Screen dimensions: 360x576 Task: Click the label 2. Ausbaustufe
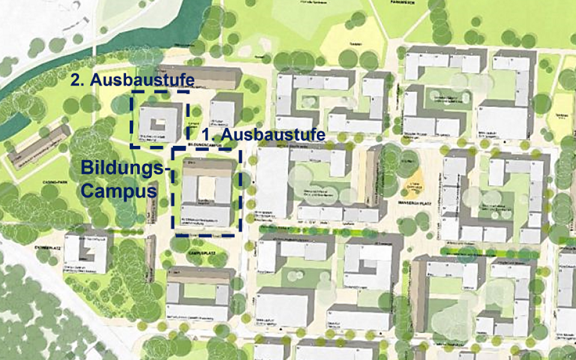[x=133, y=80]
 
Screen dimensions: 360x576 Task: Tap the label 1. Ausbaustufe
[x=264, y=134]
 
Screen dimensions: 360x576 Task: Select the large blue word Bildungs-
[x=124, y=168]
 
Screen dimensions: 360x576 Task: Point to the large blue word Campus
[x=119, y=191]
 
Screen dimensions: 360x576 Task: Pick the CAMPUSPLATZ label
[x=202, y=254]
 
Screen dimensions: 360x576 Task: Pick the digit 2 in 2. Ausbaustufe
[x=75, y=80]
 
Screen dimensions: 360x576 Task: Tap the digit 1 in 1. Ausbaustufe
[x=208, y=134]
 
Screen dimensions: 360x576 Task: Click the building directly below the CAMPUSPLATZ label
[x=199, y=293]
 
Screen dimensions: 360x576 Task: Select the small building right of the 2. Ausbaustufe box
[x=222, y=114]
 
